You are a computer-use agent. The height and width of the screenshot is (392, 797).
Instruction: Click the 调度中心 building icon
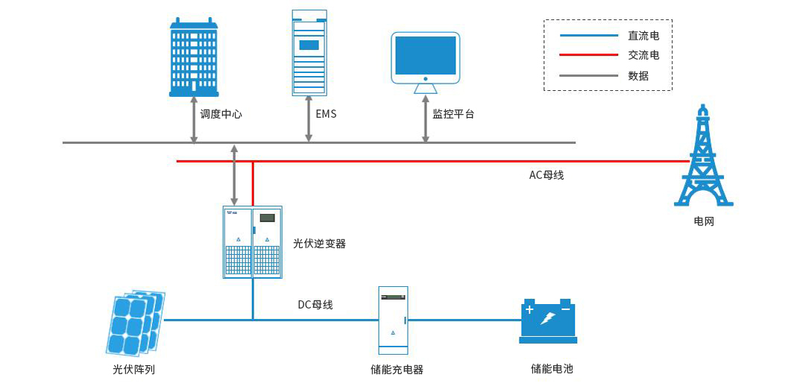[x=194, y=58]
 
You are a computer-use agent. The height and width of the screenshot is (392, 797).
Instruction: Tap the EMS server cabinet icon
[x=309, y=52]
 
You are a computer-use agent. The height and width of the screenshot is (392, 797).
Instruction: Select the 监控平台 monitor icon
[x=425, y=61]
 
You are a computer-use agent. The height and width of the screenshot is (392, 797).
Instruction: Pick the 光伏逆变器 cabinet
[x=253, y=242]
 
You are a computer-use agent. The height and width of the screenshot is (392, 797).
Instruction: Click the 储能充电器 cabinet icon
[x=394, y=320]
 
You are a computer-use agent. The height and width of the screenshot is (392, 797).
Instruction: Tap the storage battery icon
[x=548, y=320]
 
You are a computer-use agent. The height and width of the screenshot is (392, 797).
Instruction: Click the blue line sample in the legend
[x=589, y=35]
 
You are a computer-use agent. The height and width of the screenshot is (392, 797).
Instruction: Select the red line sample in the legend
[x=589, y=55]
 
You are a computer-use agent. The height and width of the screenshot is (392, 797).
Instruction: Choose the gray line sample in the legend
[x=589, y=75]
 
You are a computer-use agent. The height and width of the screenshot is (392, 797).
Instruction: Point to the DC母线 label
[x=315, y=304]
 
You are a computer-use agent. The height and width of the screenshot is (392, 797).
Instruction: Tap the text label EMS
[x=327, y=114]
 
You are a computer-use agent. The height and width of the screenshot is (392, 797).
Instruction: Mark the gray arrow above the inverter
[x=234, y=175]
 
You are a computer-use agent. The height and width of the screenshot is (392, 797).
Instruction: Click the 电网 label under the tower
[x=703, y=221]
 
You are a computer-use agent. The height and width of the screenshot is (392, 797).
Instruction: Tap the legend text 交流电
[x=643, y=55]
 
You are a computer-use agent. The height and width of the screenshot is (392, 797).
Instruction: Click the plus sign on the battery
[x=529, y=309]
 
